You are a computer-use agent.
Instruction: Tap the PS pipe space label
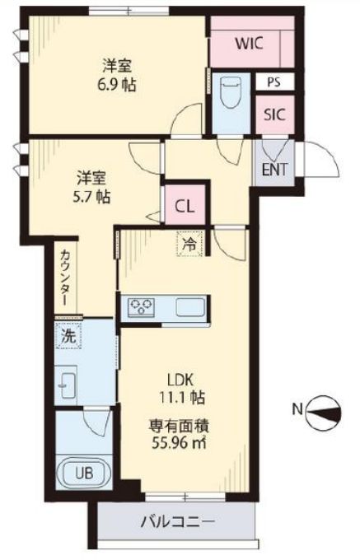pos(274,82)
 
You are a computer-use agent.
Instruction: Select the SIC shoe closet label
pos(274,114)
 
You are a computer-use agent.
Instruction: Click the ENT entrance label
pos(274,169)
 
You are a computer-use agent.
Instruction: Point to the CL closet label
pos(185,206)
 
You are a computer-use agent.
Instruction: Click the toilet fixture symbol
pos(231,92)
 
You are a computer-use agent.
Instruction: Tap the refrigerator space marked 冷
pos(189,244)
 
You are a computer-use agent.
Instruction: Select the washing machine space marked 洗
pos(68,335)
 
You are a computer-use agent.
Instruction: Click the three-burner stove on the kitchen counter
pos(142,306)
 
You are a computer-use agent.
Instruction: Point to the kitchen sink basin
pos(190,307)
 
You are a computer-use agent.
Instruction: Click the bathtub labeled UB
pos(85,473)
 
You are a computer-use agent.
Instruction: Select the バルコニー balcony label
pos(178,522)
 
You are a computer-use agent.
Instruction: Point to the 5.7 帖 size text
pos(91,197)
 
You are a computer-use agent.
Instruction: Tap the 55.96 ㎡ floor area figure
pos(179,443)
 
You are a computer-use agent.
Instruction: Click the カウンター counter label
pos(66,278)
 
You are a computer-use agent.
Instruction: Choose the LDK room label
pos(180,380)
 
